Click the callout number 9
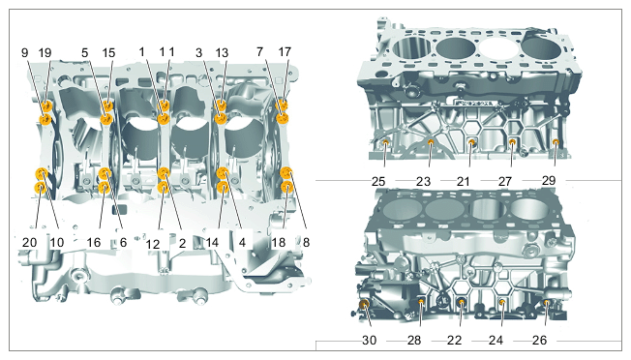(25, 52)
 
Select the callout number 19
(45, 52)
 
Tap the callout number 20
(29, 242)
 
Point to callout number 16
(94, 242)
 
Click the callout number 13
(222, 52)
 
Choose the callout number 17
(285, 52)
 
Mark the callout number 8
(306, 242)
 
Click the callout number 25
(378, 181)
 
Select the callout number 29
(549, 181)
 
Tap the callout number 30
(369, 341)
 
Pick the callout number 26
(539, 341)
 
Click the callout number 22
(454, 341)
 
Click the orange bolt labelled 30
(364, 304)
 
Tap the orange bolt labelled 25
(386, 142)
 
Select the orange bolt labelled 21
(472, 142)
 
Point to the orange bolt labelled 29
(556, 141)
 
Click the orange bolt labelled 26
(547, 302)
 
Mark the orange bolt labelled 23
(431, 142)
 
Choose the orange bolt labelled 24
(502, 302)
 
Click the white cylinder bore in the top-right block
(497, 47)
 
